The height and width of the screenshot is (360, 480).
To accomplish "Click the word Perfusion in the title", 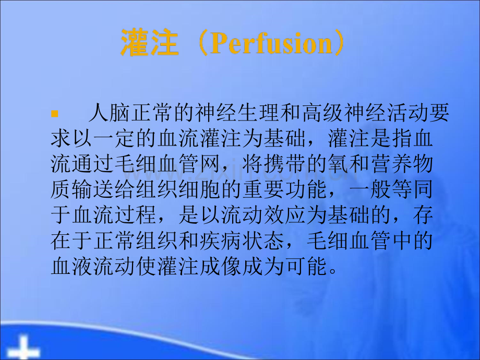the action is coord(271,43).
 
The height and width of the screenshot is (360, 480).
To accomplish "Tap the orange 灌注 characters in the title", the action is coord(150,42).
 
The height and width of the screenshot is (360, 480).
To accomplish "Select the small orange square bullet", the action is coord(54,114).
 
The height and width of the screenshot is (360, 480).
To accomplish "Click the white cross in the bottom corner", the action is coord(23,348).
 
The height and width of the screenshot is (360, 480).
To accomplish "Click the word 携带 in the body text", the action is coord(284,164).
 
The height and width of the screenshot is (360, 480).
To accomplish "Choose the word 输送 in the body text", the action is coord(92,189).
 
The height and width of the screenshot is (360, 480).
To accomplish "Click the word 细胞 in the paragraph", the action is coord(199,189).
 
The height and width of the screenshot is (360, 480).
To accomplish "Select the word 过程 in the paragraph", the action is coord(135,214).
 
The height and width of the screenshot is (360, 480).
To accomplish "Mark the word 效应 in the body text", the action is coord(284,214).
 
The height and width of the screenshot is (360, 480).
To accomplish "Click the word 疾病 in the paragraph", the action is coord(220,240).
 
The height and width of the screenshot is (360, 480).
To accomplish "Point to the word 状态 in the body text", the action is coord(262,240).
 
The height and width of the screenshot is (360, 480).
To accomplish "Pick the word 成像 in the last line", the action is coord(220,266).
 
